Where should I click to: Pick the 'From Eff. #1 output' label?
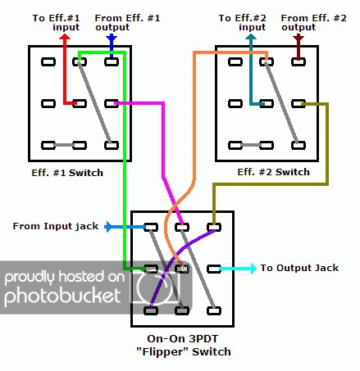[127, 22]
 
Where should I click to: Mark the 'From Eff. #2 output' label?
[313, 22]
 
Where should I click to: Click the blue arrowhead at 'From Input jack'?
[107, 226]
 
